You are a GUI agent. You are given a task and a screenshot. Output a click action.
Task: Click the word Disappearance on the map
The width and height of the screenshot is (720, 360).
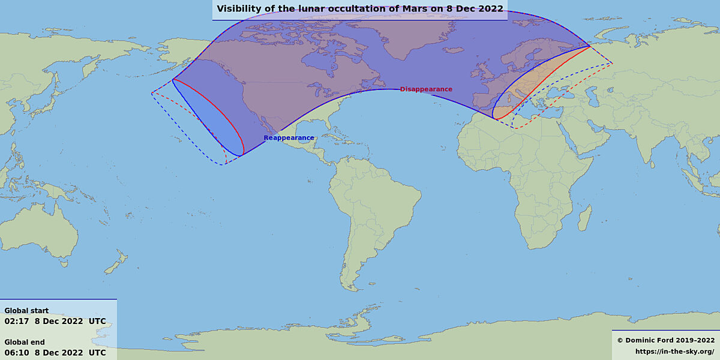pyautogui.click(x=426, y=89)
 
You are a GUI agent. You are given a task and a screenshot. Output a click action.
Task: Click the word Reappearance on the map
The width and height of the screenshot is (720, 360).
pyautogui.click(x=289, y=138)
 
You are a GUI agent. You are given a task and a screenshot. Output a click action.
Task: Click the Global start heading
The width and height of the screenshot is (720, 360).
pyautogui.click(x=26, y=311)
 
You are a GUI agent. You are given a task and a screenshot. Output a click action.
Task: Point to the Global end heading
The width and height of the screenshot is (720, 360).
pyautogui.click(x=25, y=342)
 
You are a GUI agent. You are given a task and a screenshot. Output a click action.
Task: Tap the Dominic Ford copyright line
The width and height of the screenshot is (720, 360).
pyautogui.click(x=666, y=340)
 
